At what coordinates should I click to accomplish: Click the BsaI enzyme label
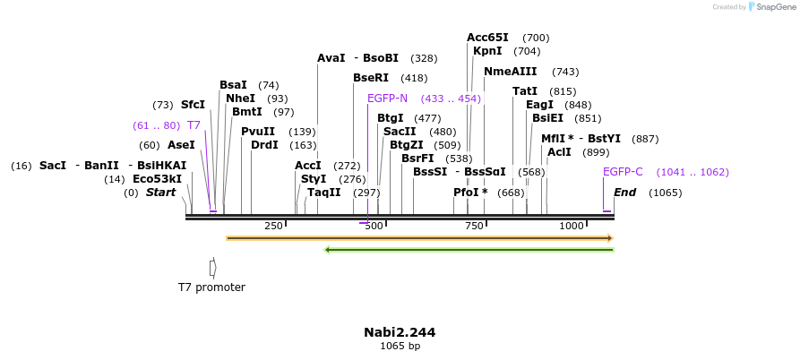click(x=233, y=85)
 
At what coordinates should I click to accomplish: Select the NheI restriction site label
click(x=240, y=99)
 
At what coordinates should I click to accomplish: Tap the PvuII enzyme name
click(x=258, y=132)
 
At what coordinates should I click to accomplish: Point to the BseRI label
click(x=371, y=78)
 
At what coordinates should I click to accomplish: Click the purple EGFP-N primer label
click(x=387, y=99)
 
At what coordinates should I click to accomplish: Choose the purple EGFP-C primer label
click(x=623, y=172)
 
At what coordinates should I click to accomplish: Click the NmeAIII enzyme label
click(x=511, y=72)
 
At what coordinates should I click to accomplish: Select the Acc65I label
click(x=487, y=38)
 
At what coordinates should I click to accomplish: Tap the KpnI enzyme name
click(x=487, y=51)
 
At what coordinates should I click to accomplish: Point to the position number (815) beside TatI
click(x=563, y=91)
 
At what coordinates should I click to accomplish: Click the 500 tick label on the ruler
click(x=373, y=226)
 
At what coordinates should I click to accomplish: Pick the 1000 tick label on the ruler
click(x=572, y=226)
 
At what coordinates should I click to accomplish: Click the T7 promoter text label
click(x=211, y=287)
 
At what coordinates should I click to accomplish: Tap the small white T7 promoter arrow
click(x=212, y=267)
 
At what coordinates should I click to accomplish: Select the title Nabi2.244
click(x=400, y=332)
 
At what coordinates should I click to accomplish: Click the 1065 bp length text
click(x=400, y=346)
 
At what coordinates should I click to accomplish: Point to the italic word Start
click(x=160, y=193)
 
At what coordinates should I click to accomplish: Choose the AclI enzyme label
click(x=559, y=152)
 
